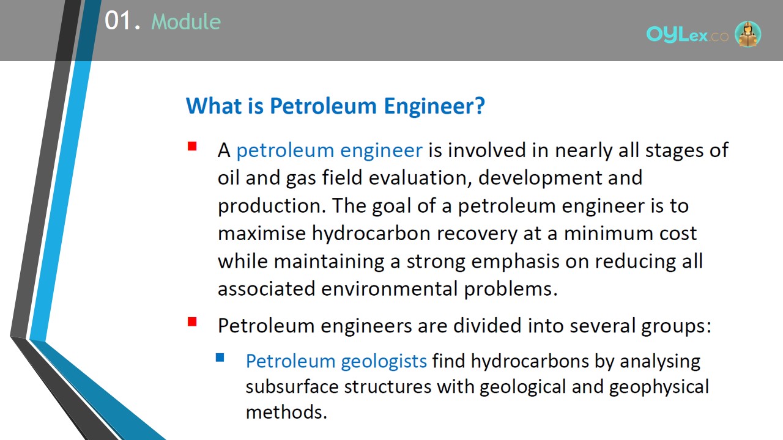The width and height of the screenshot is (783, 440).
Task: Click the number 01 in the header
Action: pos(118,21)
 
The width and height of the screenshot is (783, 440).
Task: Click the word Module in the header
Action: pos(186,21)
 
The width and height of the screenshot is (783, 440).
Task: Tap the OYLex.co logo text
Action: pos(687,35)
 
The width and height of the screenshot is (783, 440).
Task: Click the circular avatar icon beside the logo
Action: pos(748,34)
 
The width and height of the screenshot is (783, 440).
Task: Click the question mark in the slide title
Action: pos(480,106)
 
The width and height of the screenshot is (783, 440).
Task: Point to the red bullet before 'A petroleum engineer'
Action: pos(192,146)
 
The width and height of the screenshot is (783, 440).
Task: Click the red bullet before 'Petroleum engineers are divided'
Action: pos(192,321)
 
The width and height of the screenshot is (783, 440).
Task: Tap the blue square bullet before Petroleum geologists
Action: pos(220,358)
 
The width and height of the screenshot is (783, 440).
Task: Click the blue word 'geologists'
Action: pos(384,361)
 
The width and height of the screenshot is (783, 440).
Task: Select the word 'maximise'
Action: pos(262,233)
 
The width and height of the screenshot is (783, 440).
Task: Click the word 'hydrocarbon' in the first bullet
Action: pos(371,233)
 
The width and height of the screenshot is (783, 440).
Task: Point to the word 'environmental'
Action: pos(390,289)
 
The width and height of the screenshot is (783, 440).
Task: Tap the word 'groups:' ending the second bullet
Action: pos(676,326)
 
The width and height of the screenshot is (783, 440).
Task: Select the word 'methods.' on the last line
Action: pos(286,413)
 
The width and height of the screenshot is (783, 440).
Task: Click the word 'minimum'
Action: pos(609,233)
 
